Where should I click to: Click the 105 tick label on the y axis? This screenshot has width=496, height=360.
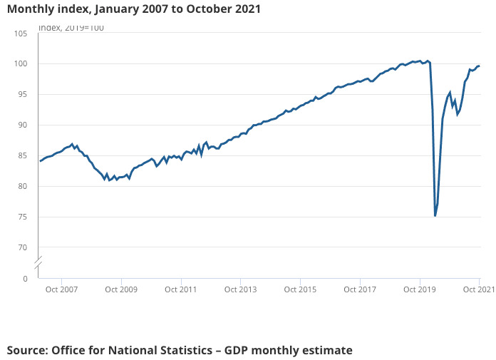pos(21,34)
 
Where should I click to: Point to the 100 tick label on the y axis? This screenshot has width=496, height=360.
pos(21,64)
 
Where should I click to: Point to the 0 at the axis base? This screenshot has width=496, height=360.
pos(26,279)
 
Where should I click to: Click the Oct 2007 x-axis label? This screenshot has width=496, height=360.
pos(61,290)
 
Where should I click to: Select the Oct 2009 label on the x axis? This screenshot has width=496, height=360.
pos(120,290)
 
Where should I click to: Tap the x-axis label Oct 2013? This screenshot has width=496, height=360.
pos(240,290)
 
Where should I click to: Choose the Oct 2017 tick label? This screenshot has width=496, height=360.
pos(360,290)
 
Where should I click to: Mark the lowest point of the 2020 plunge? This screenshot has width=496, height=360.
pos(435,215)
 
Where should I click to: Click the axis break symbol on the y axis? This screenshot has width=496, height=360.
pos(38,262)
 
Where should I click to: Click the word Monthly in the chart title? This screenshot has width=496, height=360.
pos(29,9)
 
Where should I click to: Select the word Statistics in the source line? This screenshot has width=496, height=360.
pos(186,350)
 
